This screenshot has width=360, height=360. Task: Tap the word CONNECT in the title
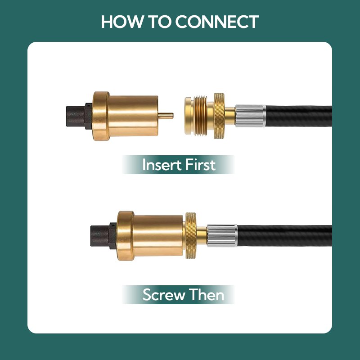[217, 22]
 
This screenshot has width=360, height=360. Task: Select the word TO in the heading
[161, 22]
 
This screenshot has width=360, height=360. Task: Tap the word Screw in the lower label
[163, 295]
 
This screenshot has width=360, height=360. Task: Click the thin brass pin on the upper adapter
[166, 116]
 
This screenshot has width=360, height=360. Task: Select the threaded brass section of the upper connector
[201, 116]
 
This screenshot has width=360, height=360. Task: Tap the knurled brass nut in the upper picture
[220, 116]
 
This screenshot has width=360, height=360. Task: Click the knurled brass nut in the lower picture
[191, 235]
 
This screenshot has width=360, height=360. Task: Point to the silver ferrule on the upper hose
[250, 116]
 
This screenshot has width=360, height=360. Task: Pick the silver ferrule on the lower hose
[222, 235]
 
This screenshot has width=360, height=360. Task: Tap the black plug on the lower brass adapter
[104, 236]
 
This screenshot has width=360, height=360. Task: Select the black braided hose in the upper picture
[299, 116]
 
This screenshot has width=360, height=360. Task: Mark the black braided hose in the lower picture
[285, 236]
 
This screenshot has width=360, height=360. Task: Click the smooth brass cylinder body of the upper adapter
[133, 116]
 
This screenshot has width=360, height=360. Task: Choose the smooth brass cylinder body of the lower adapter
[158, 236]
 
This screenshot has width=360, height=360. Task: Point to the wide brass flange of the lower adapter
[126, 236]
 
